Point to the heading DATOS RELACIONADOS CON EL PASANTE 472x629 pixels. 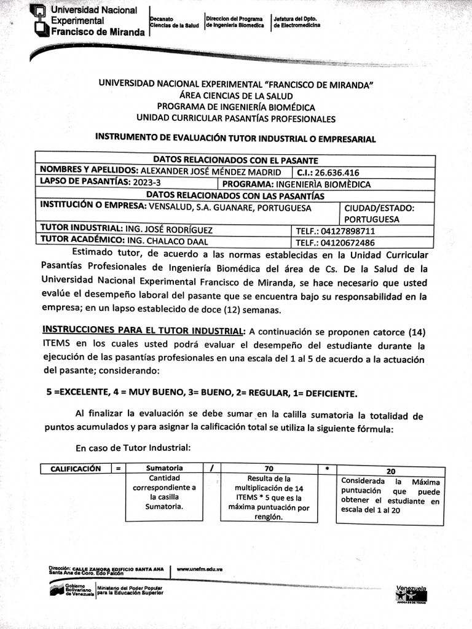click(x=235, y=160)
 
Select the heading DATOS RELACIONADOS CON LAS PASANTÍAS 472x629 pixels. click(x=235, y=195)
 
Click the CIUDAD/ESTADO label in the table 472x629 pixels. click(x=379, y=208)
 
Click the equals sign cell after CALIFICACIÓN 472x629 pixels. click(x=117, y=469)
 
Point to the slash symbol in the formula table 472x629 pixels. click(x=211, y=469)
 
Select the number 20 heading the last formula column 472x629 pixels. click(x=390, y=471)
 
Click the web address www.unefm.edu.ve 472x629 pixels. click(x=199, y=569)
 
